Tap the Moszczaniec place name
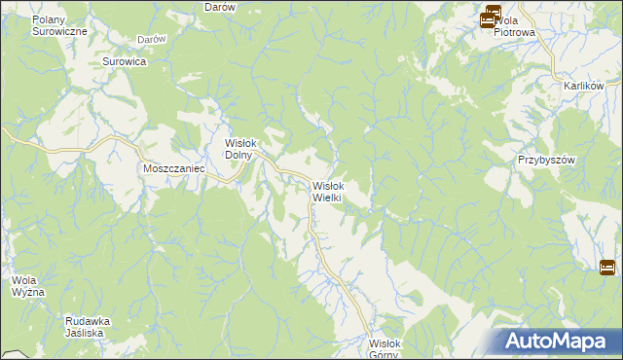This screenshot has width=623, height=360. click(x=171, y=167)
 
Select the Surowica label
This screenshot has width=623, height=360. click(x=124, y=61)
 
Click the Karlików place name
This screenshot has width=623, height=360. click(x=584, y=86)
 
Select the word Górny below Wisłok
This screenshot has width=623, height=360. click(x=384, y=354)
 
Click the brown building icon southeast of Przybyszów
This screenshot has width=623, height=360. click(x=607, y=267)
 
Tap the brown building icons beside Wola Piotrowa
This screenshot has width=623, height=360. click(x=490, y=17)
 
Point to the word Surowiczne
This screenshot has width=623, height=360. click(x=59, y=31)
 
